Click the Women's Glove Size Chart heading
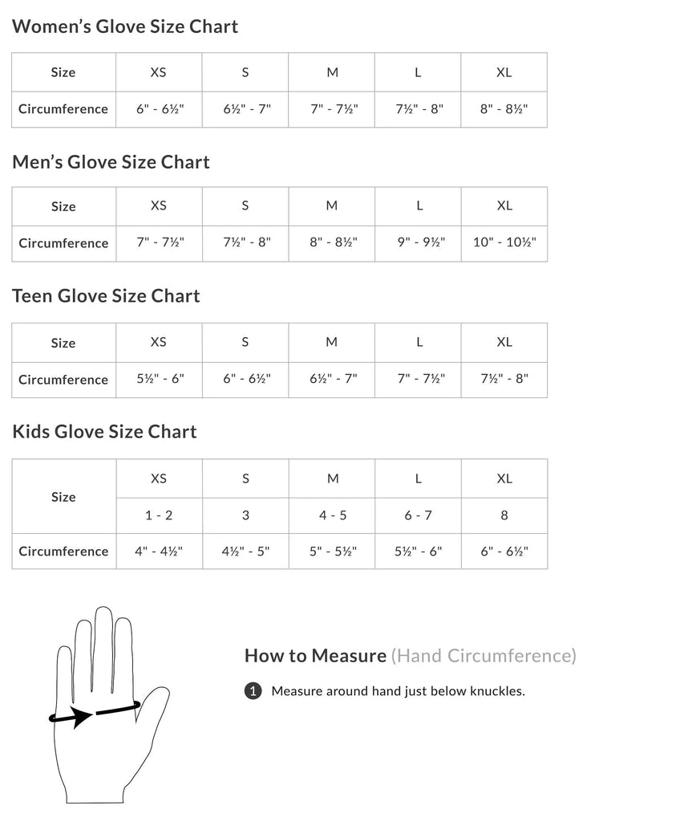125,26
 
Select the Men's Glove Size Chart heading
111,162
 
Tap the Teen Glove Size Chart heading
106,296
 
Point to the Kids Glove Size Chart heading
104,432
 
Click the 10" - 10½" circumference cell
504,242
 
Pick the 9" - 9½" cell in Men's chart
419,242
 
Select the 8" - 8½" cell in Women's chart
504,108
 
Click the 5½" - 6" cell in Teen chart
160,379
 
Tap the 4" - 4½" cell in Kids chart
159,551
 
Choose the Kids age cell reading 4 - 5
333,515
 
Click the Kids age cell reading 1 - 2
159,515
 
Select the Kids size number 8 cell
504,515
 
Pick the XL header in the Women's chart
504,72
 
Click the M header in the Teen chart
332,342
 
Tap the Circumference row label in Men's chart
63,242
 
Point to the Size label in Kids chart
63,497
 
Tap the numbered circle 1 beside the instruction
253,691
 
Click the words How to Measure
315,656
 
